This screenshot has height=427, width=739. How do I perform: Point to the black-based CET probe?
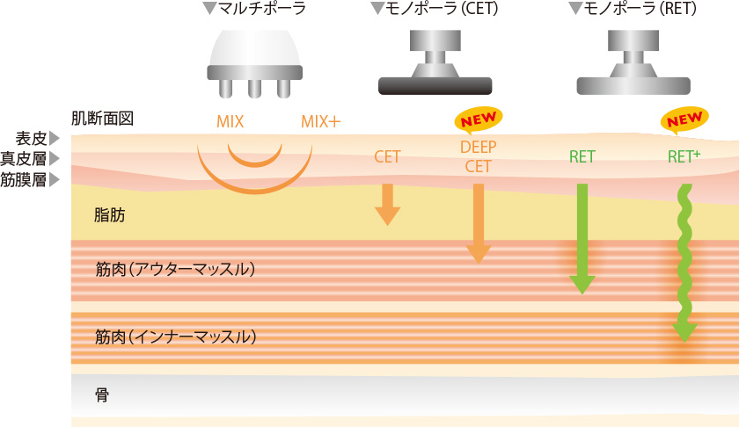pyautogui.click(x=435, y=62)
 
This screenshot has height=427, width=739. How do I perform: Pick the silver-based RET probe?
pyautogui.click(x=633, y=62)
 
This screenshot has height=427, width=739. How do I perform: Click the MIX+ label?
pyautogui.click(x=320, y=122)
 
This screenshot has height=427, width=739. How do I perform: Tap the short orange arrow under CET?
pyautogui.click(x=387, y=205)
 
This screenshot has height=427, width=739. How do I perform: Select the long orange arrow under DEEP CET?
pyautogui.click(x=479, y=223)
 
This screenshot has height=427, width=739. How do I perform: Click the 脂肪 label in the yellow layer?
pyautogui.click(x=110, y=214)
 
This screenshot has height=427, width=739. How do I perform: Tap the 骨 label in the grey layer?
pyautogui.click(x=102, y=394)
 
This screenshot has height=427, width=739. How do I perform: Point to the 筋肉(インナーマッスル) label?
pyautogui.click(x=175, y=336)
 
